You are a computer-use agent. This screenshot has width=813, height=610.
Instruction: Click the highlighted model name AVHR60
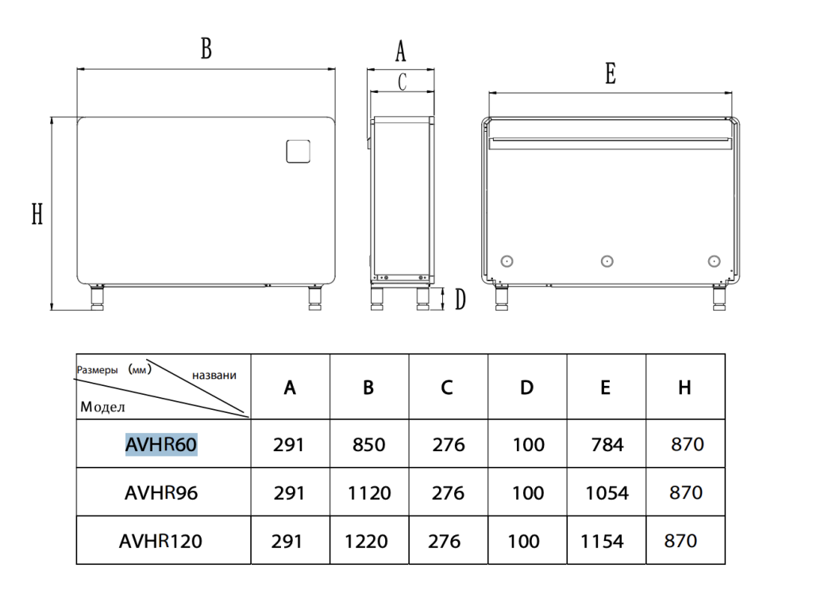click(x=161, y=445)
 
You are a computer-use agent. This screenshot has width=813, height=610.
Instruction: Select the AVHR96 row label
click(x=161, y=493)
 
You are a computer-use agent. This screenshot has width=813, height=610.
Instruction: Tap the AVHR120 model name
click(x=161, y=541)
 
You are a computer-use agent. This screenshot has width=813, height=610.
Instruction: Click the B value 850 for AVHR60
click(x=368, y=445)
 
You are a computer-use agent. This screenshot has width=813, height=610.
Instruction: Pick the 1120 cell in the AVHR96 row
click(x=369, y=493)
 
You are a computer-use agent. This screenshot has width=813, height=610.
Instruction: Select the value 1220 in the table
click(x=367, y=541)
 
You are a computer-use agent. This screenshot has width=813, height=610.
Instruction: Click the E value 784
click(x=607, y=445)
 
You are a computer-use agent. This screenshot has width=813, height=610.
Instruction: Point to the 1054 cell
click(x=607, y=493)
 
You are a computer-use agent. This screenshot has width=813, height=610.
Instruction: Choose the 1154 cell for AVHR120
click(x=603, y=541)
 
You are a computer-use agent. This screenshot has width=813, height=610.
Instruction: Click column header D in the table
click(x=527, y=388)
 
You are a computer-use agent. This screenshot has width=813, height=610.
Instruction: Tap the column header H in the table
click(x=684, y=388)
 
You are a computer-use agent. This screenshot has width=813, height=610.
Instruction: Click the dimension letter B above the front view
click(x=206, y=49)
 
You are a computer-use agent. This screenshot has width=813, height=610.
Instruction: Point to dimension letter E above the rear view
click(x=610, y=74)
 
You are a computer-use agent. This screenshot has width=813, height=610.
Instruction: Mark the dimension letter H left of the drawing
click(x=37, y=214)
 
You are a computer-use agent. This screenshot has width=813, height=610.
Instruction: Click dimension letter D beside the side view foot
click(x=460, y=300)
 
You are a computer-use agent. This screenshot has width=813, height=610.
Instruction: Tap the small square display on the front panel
click(x=299, y=151)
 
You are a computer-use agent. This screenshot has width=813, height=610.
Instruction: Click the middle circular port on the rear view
click(x=607, y=261)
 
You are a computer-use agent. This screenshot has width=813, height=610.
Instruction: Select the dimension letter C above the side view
click(x=402, y=81)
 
